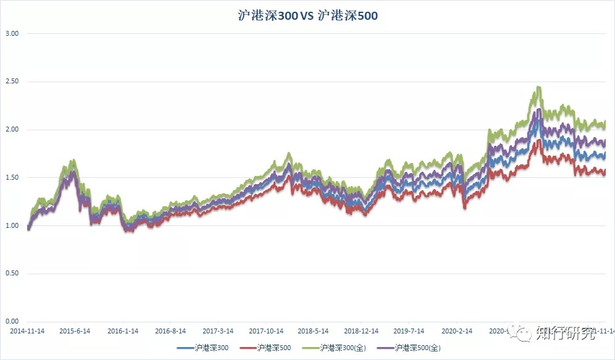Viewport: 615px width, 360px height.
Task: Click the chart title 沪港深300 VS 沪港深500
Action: tap(307, 16)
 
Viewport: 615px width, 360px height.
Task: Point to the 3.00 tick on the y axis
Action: tap(12, 33)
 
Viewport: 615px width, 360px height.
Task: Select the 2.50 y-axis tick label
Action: tap(12, 82)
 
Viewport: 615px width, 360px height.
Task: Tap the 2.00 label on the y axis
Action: tap(12, 130)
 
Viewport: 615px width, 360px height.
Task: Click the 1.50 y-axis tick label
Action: tap(12, 178)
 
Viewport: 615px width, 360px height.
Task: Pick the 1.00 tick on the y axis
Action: tap(12, 225)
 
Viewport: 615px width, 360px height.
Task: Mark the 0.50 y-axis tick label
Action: tap(12, 274)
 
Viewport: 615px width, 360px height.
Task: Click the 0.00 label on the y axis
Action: tap(12, 322)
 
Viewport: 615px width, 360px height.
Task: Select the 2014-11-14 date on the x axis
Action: tap(27, 331)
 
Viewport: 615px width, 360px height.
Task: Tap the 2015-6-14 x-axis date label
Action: tap(75, 331)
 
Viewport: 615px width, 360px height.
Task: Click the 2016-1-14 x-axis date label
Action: tap(122, 331)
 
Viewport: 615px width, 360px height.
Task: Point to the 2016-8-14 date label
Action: tap(170, 331)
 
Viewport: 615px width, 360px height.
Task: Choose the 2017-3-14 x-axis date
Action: tap(218, 331)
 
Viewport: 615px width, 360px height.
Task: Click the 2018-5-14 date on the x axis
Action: tap(313, 331)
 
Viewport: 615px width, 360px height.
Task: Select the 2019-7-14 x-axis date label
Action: tap(409, 331)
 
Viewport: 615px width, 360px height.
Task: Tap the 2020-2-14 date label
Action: tap(456, 331)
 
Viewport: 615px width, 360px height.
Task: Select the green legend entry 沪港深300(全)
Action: tap(343, 348)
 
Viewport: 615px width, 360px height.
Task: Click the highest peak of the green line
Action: tap(538, 88)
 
